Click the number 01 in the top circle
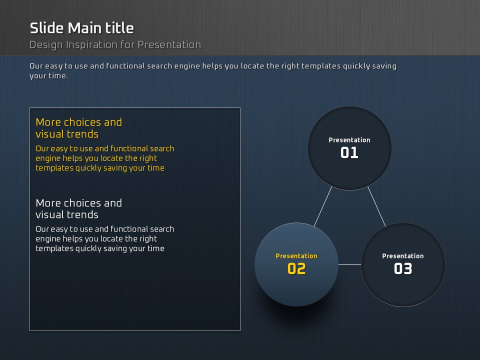349,152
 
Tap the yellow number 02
296,268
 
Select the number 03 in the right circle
403,268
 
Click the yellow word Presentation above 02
296,256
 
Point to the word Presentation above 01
349,140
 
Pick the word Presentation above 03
403,256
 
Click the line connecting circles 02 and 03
349,265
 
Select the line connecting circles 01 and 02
323,206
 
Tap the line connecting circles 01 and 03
376,206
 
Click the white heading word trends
82,215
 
